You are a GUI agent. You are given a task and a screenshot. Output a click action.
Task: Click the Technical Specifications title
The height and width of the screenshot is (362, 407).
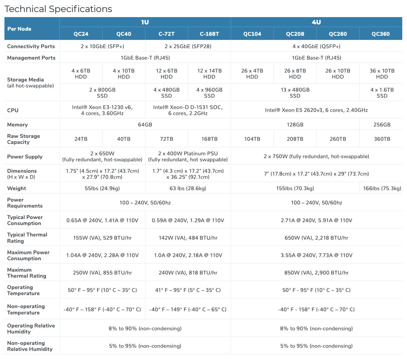(x=58, y=9)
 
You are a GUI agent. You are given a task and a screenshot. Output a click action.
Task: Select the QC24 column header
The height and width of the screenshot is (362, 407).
(x=81, y=34)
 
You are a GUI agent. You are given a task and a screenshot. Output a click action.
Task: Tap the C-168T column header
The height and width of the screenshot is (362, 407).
(x=209, y=34)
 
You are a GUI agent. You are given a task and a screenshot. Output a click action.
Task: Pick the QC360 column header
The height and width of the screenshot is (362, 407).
(x=380, y=34)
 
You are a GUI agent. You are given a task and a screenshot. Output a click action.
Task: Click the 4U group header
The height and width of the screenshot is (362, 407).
(x=316, y=22)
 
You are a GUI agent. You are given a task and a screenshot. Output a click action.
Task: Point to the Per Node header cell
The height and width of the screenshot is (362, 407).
(x=19, y=29)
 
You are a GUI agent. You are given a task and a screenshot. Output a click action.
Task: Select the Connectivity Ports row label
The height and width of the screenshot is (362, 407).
(x=31, y=46)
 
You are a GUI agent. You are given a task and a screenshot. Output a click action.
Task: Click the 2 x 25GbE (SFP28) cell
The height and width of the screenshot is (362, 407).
(x=188, y=46)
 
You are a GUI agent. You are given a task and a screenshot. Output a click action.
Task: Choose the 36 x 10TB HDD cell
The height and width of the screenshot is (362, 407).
(x=382, y=74)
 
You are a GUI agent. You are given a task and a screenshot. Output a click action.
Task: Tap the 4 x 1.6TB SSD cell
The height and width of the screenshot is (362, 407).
(x=382, y=93)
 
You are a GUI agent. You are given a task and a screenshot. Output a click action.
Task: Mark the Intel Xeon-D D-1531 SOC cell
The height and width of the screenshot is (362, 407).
(x=188, y=110)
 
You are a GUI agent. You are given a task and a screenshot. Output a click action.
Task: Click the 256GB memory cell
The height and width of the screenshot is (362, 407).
(x=382, y=125)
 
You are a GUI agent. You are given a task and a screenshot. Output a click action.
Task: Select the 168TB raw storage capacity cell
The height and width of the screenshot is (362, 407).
(x=209, y=139)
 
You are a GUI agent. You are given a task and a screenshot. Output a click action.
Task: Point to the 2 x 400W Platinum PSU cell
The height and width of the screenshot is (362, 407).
(x=188, y=157)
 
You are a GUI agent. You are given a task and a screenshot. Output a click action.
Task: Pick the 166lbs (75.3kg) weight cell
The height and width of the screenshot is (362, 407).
(x=382, y=188)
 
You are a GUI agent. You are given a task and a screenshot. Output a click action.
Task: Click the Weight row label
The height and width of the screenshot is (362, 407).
(x=17, y=188)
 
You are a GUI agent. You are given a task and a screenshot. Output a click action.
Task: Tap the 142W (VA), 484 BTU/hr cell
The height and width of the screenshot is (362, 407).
(x=188, y=238)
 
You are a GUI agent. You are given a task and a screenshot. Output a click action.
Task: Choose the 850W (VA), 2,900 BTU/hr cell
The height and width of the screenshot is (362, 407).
(x=316, y=273)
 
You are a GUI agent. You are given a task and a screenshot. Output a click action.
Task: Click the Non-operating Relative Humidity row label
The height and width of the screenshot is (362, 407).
(x=30, y=346)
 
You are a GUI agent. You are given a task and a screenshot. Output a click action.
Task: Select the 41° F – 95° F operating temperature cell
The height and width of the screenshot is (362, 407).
(x=188, y=290)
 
